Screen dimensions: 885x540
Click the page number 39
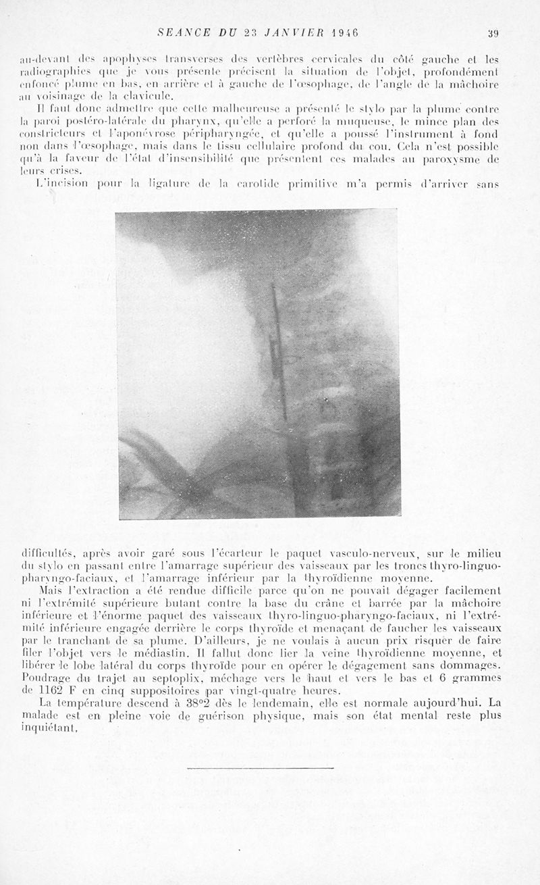(x=493, y=32)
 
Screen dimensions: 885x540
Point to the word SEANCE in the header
(x=178, y=32)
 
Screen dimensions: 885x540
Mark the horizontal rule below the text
(x=260, y=767)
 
